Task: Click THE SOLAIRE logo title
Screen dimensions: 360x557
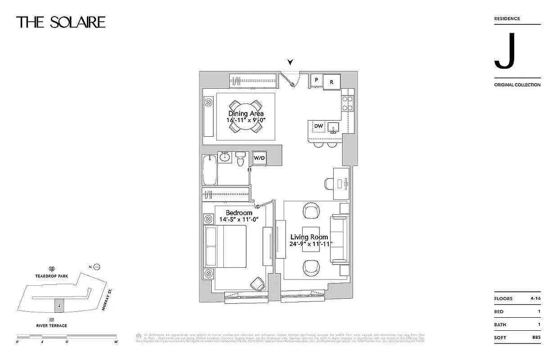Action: [61, 22]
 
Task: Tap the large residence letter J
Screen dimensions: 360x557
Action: [504, 51]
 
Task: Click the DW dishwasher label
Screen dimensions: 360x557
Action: [318, 126]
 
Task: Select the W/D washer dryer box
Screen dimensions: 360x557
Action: [259, 158]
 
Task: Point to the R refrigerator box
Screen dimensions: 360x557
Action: [331, 81]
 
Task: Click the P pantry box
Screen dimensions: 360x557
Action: [317, 80]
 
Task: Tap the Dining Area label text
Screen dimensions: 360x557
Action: [246, 114]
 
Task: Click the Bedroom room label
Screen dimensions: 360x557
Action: [239, 213]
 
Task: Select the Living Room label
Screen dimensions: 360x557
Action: [309, 237]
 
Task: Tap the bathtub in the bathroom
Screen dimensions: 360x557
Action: [210, 169]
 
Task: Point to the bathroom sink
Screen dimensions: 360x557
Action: [225, 157]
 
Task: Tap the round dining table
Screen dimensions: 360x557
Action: [245, 116]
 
